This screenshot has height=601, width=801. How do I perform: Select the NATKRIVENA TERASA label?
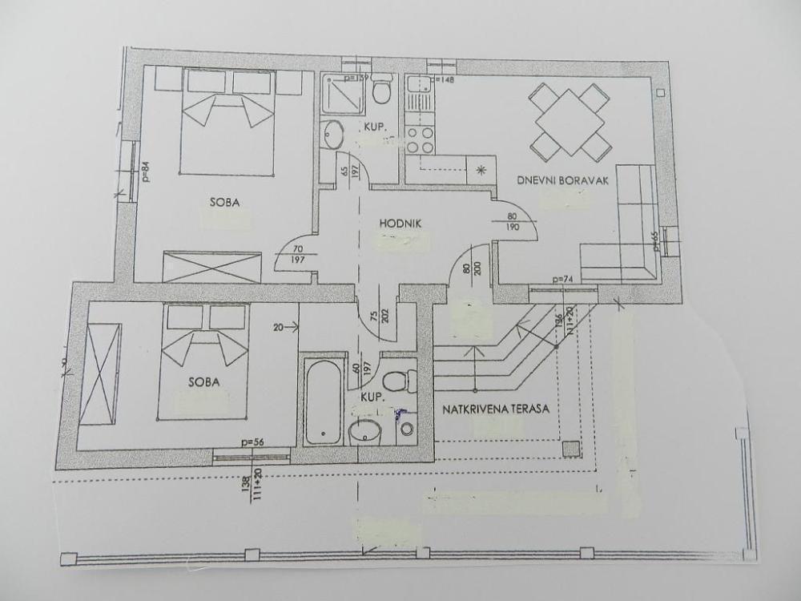(495, 409)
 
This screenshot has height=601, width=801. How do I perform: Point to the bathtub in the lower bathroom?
(323, 401)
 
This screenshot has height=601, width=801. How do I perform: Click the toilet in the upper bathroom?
(382, 90)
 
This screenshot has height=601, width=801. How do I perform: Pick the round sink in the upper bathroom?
(332, 135)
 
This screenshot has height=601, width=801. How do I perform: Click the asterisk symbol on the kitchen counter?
(481, 169)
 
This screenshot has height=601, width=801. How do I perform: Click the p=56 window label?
(252, 442)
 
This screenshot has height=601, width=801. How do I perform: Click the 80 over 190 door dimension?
(513, 221)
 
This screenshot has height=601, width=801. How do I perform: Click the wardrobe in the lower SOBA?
(103, 373)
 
